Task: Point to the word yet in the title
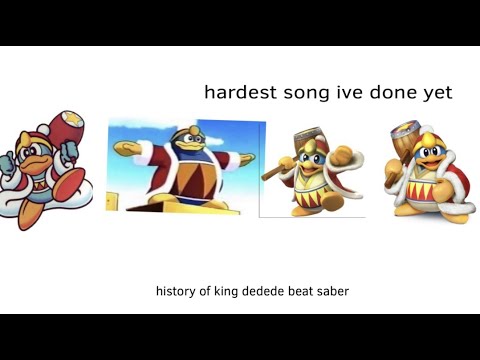pyautogui.click(x=436, y=93)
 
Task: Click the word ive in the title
pyautogui.click(x=350, y=92)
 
